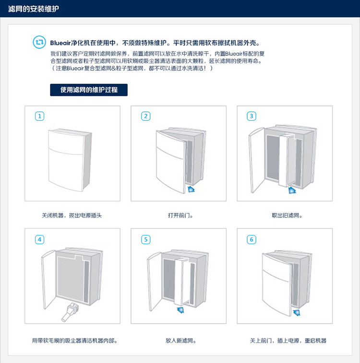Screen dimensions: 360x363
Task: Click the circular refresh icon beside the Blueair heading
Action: click(39, 42)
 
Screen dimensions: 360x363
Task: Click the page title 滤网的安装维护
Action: click(34, 9)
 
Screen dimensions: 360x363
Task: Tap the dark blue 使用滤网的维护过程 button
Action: click(89, 90)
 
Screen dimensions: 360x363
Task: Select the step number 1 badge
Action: click(40, 116)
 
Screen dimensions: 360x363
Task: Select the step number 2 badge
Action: click(146, 116)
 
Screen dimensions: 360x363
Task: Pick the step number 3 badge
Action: click(252, 116)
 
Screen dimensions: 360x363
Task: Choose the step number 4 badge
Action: click(40, 240)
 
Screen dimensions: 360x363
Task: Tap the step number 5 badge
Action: click(146, 240)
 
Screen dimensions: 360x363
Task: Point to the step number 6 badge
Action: click(252, 240)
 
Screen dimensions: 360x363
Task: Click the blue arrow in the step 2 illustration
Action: click(191, 189)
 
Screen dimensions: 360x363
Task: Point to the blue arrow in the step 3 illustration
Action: click(292, 190)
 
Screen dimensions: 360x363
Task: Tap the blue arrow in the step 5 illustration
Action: click(180, 310)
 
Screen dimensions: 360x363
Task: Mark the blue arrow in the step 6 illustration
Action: click(297, 313)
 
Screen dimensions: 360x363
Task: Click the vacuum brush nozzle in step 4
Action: click(70, 313)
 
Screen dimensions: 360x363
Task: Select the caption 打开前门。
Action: click(180, 215)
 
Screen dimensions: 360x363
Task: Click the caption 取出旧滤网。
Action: click(287, 215)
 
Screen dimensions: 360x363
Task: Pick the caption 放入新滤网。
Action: click(180, 340)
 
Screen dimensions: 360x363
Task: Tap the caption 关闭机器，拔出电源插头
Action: click(72, 215)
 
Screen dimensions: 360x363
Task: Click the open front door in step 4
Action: click(48, 280)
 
